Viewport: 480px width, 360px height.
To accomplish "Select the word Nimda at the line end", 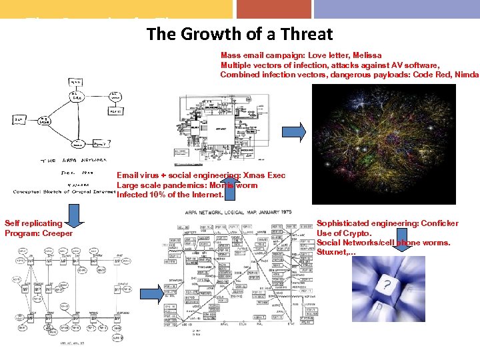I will coord(465,75).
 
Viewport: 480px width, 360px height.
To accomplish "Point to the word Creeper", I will coord(57,233).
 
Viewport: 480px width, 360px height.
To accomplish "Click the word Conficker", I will coord(435,223).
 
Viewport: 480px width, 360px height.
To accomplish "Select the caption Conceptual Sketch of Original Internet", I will coord(63,192).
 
